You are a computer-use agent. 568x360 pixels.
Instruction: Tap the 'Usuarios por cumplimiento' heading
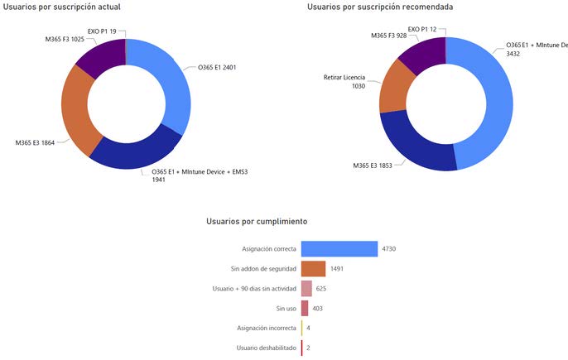pyautogui.click(x=257, y=222)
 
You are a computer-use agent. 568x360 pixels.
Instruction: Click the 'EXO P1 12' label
pyautogui.click(x=426, y=30)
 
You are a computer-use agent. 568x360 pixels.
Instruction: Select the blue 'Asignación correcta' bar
pyautogui.click(x=339, y=248)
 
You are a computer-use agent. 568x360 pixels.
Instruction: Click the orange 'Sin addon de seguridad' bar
pyautogui.click(x=313, y=268)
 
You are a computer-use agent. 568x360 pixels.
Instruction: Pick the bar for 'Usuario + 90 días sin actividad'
pyautogui.click(x=306, y=288)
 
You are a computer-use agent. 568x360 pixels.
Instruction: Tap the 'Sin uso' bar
pyautogui.click(x=305, y=308)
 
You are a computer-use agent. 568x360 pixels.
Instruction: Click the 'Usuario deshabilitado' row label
pyautogui.click(x=266, y=348)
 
